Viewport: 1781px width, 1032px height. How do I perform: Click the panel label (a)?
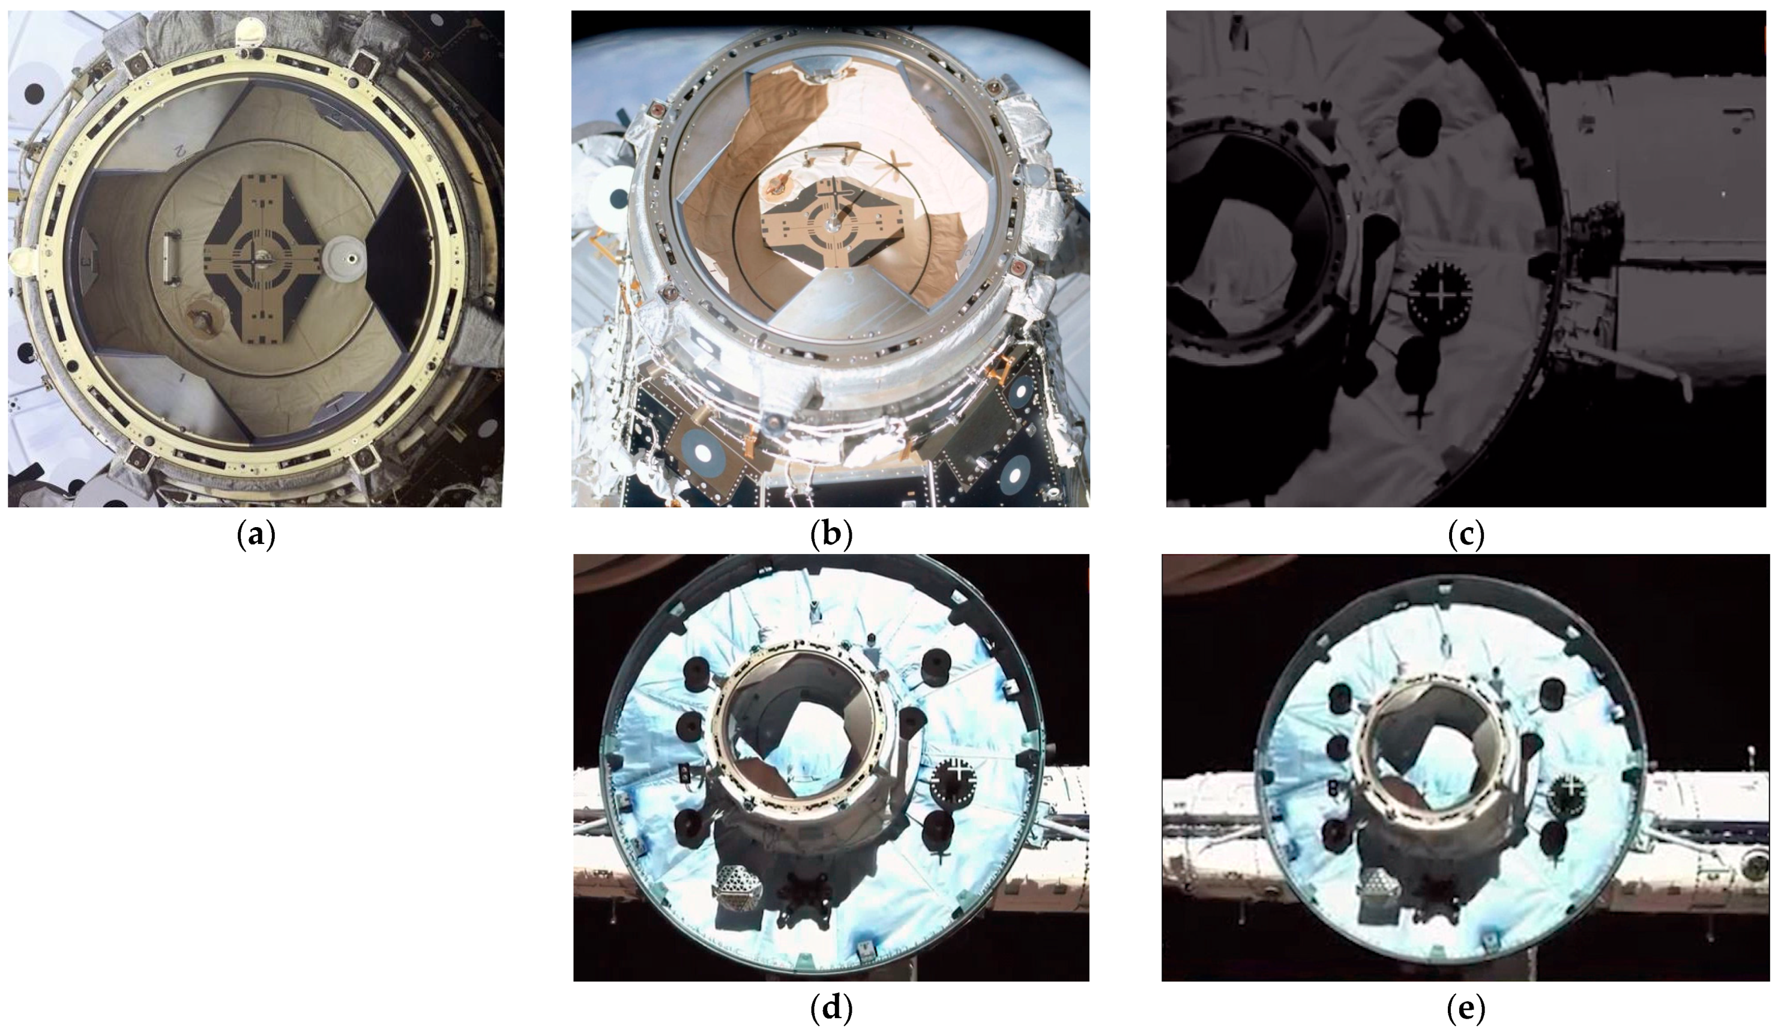coord(256,535)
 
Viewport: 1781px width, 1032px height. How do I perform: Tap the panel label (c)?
coord(1465,535)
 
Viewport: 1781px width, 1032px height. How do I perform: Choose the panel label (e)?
coord(1465,1009)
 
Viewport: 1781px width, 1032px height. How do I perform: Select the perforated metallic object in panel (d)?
coord(738,887)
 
